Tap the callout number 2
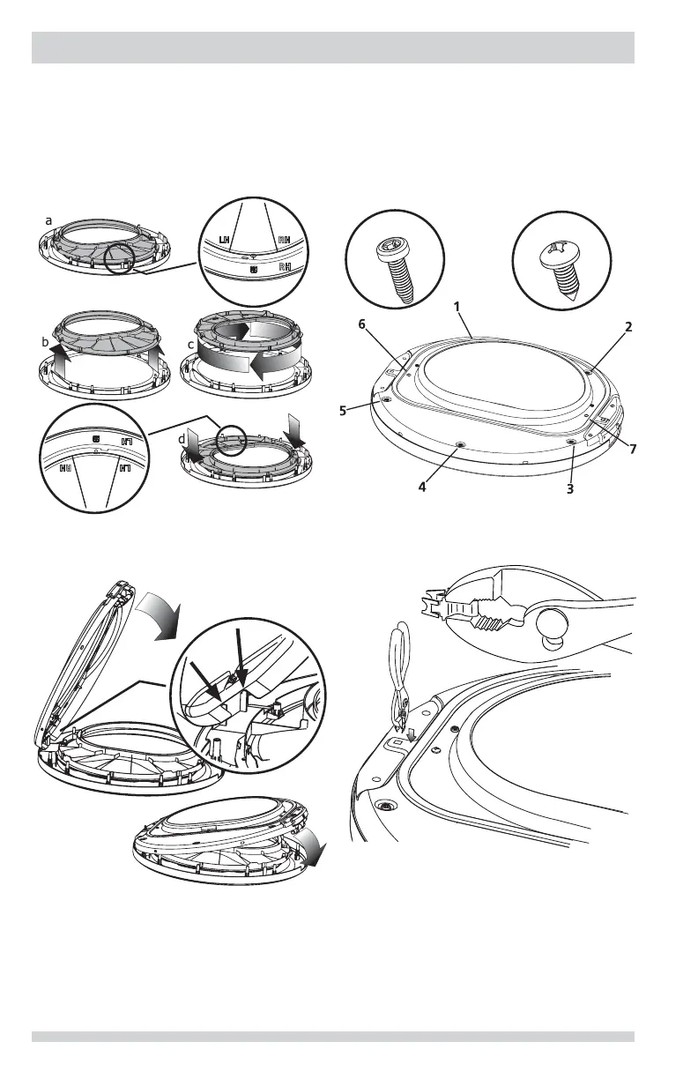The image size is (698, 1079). (629, 326)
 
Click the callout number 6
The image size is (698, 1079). (362, 324)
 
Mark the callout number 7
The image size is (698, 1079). (632, 449)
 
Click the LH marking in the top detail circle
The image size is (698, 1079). (225, 240)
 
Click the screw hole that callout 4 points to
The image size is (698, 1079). (460, 445)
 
